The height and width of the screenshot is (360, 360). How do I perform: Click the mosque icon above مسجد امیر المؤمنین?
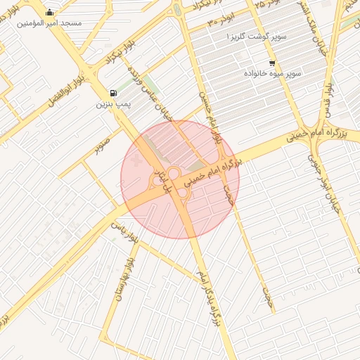[x=49, y=12]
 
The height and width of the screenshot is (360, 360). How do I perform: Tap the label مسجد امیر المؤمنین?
[x=49, y=23]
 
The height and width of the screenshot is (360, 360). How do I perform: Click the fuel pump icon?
[x=113, y=94]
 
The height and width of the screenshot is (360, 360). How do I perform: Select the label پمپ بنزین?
[x=113, y=104]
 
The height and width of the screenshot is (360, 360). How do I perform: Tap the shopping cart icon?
[x=272, y=63]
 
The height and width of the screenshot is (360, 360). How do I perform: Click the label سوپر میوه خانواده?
[x=272, y=73]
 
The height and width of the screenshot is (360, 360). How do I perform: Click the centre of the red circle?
[x=180, y=179]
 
